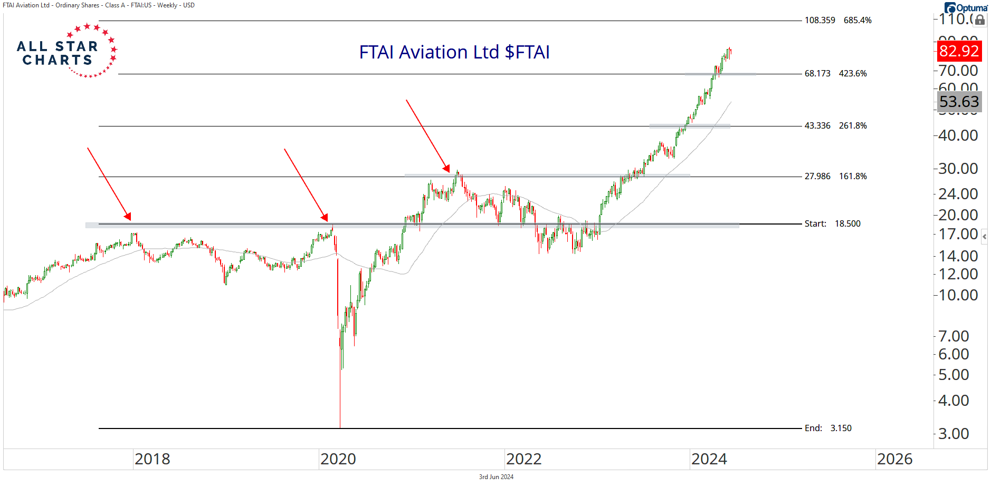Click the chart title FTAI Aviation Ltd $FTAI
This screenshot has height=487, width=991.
click(x=454, y=52)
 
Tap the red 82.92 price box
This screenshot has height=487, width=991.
click(x=959, y=51)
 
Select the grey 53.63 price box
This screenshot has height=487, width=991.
click(x=959, y=102)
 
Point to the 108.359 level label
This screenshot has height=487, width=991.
click(x=820, y=21)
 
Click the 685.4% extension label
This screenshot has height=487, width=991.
click(x=857, y=21)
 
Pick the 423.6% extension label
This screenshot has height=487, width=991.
click(x=853, y=74)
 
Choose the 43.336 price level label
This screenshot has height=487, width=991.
click(x=817, y=126)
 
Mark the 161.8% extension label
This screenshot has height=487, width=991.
click(x=853, y=177)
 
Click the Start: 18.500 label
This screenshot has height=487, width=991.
click(x=832, y=224)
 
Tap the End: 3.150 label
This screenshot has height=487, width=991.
click(x=828, y=428)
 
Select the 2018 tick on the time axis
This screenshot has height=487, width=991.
click(x=153, y=459)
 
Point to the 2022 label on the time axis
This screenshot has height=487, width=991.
click(x=523, y=459)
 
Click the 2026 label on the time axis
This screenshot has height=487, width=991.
click(x=894, y=459)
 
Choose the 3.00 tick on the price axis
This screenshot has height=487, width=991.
click(x=954, y=434)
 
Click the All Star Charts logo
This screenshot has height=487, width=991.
click(x=66, y=51)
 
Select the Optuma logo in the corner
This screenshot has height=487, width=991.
click(x=966, y=8)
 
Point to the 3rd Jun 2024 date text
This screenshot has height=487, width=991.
click(x=496, y=477)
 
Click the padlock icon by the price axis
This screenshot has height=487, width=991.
click(x=980, y=21)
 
